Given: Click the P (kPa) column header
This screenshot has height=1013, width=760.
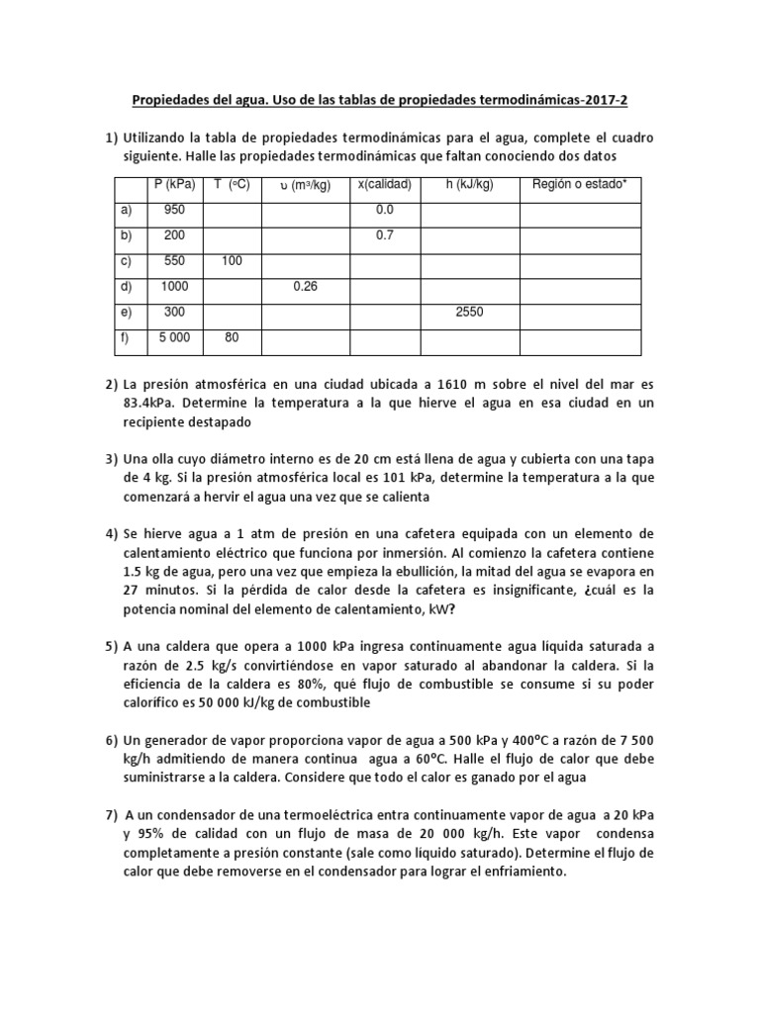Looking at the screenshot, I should click(x=173, y=184).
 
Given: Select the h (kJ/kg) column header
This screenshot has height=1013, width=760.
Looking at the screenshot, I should click(x=470, y=184).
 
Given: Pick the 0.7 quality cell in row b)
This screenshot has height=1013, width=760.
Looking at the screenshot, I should click(x=385, y=235).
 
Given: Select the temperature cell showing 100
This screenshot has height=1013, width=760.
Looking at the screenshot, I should click(x=231, y=261).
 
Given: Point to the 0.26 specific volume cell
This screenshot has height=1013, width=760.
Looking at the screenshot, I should click(x=304, y=286).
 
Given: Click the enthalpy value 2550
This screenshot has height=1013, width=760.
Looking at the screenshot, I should click(x=470, y=312).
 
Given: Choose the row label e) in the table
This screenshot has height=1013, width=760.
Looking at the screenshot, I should click(x=124, y=312).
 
